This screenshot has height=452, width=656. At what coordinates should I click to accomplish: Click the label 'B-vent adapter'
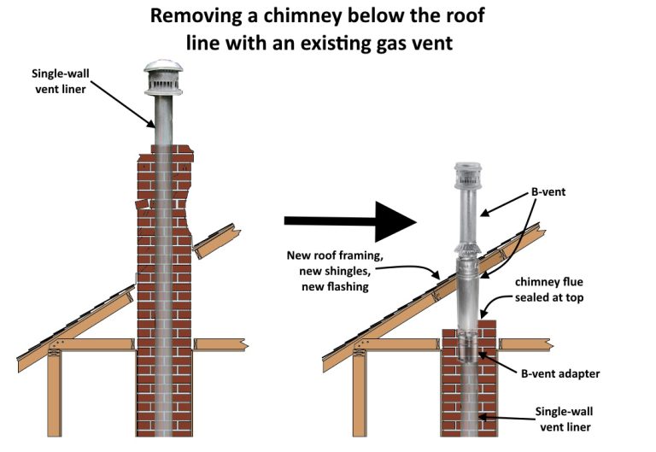tap(559, 373)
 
